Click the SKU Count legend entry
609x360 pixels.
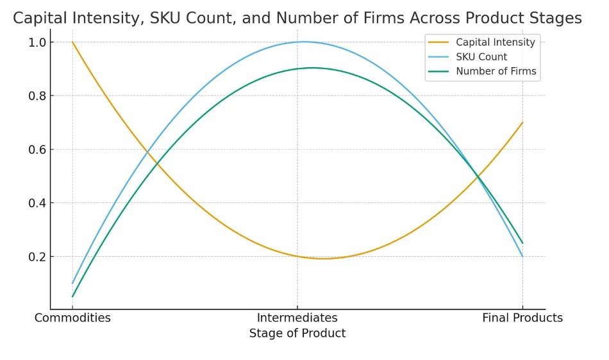[481, 57]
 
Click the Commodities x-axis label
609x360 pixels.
[72, 318]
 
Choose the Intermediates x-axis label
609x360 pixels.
[297, 318]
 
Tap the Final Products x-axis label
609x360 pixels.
[522, 318]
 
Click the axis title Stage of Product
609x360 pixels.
[297, 333]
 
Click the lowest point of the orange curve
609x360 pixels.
[324, 259]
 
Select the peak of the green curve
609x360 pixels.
[312, 68]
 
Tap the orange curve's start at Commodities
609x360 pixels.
[72, 42]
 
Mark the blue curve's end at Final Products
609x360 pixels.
[522, 256]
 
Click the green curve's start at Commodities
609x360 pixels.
[72, 297]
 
